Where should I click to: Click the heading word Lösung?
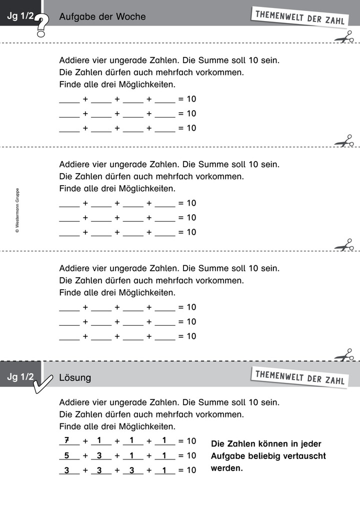pyautogui.click(x=75, y=378)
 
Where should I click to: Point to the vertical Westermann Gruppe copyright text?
pyautogui.click(x=17, y=210)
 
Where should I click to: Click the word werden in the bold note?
pyautogui.click(x=226, y=468)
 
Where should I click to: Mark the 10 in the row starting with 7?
pyautogui.click(x=191, y=441)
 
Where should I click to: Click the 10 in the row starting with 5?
pyautogui.click(x=191, y=455)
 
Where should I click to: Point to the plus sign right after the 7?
pyautogui.click(x=85, y=441)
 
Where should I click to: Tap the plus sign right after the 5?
pyautogui.click(x=85, y=455)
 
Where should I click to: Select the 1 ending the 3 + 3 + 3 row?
pyautogui.click(x=164, y=470)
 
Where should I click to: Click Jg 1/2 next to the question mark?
pyautogui.click(x=20, y=17)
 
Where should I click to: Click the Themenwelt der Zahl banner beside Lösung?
pyautogui.click(x=299, y=377)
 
